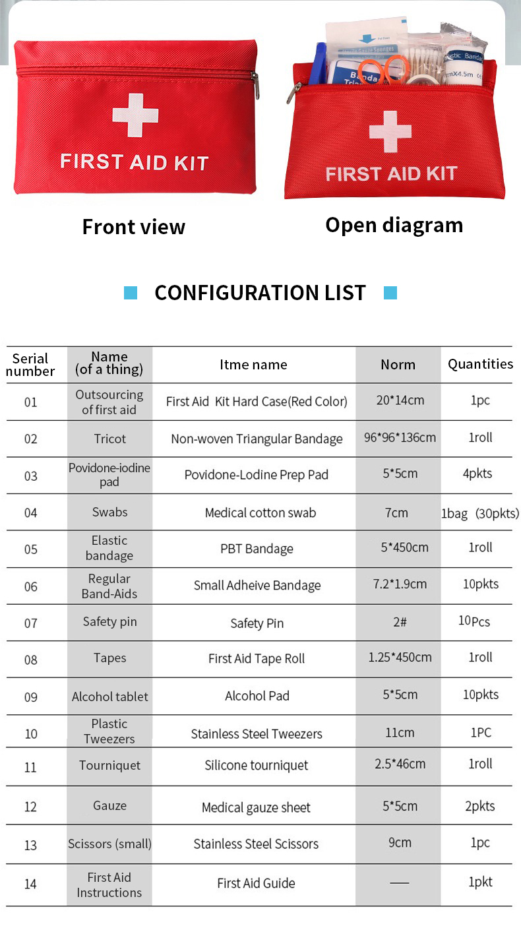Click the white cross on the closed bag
pyautogui.click(x=135, y=115)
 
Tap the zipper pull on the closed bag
pyautogui.click(x=255, y=85)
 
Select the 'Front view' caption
pyautogui.click(x=134, y=227)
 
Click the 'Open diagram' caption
pyautogui.click(x=394, y=225)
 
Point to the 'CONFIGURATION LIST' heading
pyautogui.click(x=260, y=293)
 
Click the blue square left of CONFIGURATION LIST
pyautogui.click(x=131, y=293)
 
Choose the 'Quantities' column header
pyautogui.click(x=480, y=364)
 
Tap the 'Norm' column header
pyautogui.click(x=398, y=365)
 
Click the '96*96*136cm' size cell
pyautogui.click(x=400, y=437)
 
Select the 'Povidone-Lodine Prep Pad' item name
pyautogui.click(x=256, y=476)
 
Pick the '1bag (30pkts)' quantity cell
pyautogui.click(x=480, y=513)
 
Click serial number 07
pyautogui.click(x=31, y=623)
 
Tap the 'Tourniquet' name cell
pyautogui.click(x=109, y=766)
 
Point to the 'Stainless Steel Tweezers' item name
pyautogui.click(x=257, y=733)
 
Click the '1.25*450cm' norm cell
pyautogui.click(x=400, y=657)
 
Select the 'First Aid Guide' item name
pyautogui.click(x=256, y=883)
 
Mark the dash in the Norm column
pyautogui.click(x=399, y=883)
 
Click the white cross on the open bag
pyautogui.click(x=390, y=131)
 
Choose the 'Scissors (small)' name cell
pyautogui.click(x=109, y=844)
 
